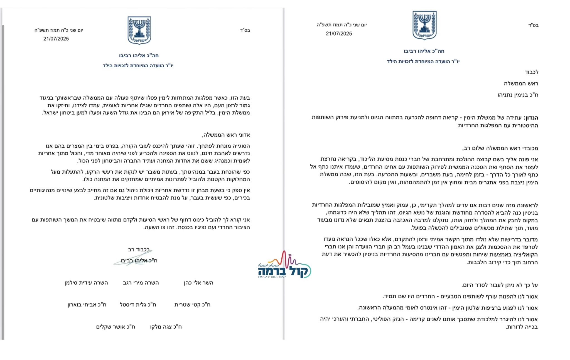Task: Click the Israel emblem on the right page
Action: click(x=424, y=25)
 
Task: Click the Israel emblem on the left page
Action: click(x=139, y=30)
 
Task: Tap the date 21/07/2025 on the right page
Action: click(x=339, y=34)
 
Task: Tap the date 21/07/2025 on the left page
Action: click(x=56, y=39)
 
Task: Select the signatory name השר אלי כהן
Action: click(x=198, y=283)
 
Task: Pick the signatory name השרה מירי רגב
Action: click(x=141, y=283)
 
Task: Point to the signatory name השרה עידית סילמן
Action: click(x=86, y=283)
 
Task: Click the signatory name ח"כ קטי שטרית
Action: click(x=192, y=305)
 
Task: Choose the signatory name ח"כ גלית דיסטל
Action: click(x=138, y=305)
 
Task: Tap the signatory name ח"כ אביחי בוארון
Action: click(x=87, y=305)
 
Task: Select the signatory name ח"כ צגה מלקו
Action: click(x=166, y=327)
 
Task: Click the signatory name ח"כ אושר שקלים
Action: click(x=116, y=327)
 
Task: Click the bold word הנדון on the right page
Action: click(x=531, y=118)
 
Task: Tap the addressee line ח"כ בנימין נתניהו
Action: click(x=518, y=95)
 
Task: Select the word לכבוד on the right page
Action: click(x=531, y=72)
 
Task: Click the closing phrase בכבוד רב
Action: click(x=139, y=250)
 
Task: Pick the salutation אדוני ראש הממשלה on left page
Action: click(x=226, y=135)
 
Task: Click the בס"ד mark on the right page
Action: click(x=533, y=25)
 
